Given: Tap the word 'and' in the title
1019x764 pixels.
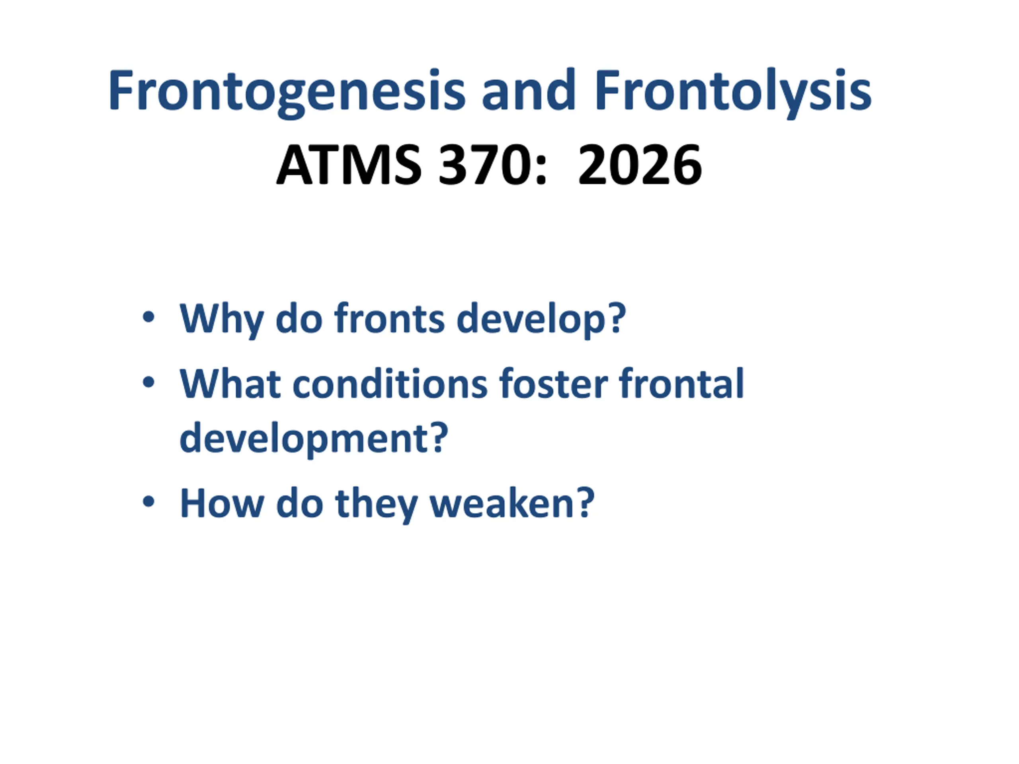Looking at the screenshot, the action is (528, 90).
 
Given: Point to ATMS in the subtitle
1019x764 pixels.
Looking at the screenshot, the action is (349, 165).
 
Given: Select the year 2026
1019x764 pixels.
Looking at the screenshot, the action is (640, 165).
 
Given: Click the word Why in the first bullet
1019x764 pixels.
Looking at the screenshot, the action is (222, 320).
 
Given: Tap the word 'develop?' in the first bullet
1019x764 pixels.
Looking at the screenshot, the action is (541, 320).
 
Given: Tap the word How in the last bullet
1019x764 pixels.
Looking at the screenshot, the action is (222, 504).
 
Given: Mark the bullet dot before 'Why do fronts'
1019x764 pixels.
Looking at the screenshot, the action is (148, 317).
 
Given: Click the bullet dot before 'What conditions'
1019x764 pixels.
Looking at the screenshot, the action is (148, 382).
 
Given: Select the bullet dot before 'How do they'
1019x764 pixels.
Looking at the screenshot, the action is (148, 502).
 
